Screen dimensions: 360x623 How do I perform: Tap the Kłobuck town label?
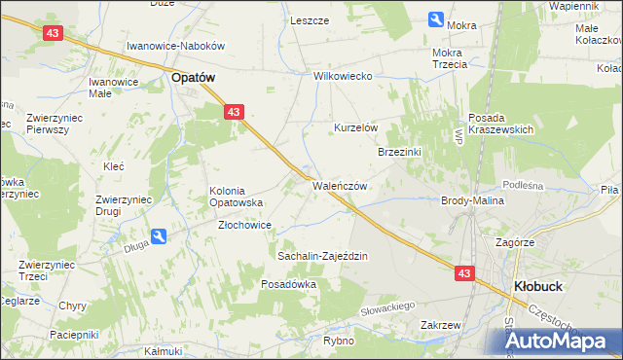[533, 286]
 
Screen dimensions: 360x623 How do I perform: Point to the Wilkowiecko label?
[344, 76]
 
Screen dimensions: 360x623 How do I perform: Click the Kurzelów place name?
[355, 127]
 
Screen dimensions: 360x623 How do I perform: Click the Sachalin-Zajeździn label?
[322, 256]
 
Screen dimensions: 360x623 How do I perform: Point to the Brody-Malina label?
[472, 199]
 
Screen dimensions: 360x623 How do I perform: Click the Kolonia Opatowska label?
[238, 196]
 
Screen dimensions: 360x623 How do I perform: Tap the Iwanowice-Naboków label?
[176, 46]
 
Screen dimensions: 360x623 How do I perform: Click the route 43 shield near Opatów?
[233, 113]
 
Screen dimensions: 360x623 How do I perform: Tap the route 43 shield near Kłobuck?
[463, 273]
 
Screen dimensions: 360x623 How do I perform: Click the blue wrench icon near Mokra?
[436, 18]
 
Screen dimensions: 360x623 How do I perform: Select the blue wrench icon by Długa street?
[159, 235]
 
